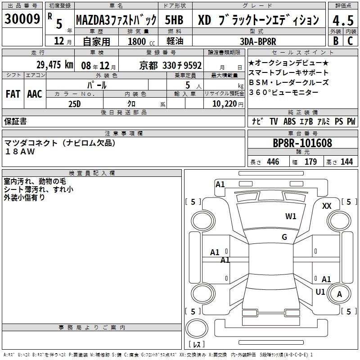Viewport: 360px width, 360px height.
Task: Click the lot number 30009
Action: pyautogui.click(x=22, y=18)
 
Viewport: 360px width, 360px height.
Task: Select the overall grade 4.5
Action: pyautogui.click(x=343, y=20)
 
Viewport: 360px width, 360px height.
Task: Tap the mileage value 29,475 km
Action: pyautogui.click(x=54, y=65)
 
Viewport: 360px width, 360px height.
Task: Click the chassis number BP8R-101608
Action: pyautogui.click(x=302, y=143)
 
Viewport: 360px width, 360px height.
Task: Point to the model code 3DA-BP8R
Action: pyautogui.click(x=258, y=41)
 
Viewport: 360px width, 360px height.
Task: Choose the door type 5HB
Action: pyautogui.click(x=174, y=20)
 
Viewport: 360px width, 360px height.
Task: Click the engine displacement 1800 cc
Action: pyautogui.click(x=141, y=41)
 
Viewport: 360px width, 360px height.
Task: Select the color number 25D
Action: pyautogui.click(x=74, y=104)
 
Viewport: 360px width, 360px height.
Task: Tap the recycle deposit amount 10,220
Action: pyautogui.click(x=225, y=104)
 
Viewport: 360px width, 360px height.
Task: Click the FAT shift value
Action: pyautogui.click(x=13, y=94)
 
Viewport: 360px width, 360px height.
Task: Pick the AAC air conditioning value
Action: pyautogui.click(x=35, y=94)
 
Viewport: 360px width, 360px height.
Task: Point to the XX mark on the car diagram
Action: pyautogui.click(x=327, y=206)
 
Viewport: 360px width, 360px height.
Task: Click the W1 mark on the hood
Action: pyautogui.click(x=291, y=216)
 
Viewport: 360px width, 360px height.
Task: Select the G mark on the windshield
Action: pyautogui.click(x=284, y=237)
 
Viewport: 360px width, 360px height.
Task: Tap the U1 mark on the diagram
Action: pyautogui.click(x=320, y=292)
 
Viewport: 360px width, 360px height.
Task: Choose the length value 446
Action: pyautogui.click(x=273, y=162)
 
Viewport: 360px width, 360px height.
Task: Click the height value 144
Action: pyautogui.click(x=346, y=162)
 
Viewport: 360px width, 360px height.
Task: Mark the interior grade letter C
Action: pyautogui.click(x=350, y=41)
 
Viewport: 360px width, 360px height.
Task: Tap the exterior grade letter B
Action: pyautogui.click(x=336, y=41)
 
